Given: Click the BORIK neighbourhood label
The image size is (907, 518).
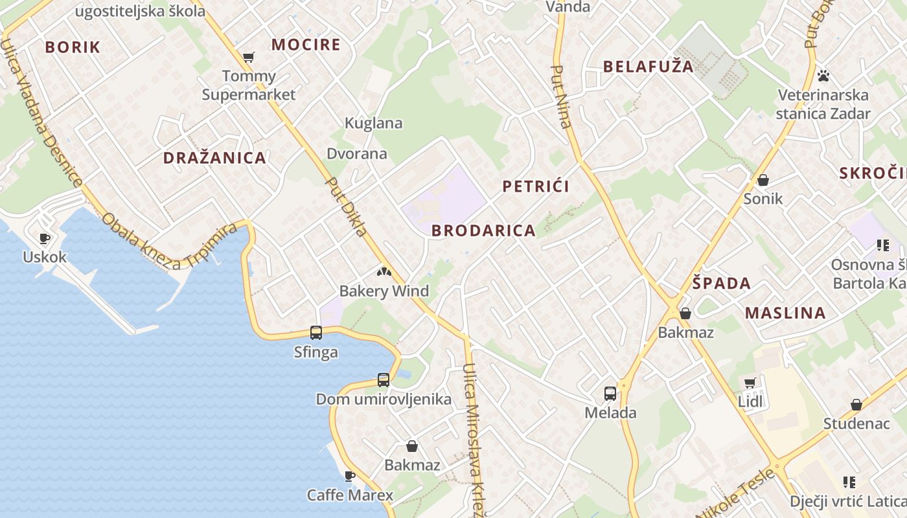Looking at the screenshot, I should click(x=73, y=47).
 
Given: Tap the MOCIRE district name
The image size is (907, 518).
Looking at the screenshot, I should click(x=305, y=45).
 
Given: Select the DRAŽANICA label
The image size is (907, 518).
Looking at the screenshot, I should click(x=214, y=158).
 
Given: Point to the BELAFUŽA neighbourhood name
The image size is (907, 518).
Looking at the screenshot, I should click(x=648, y=66).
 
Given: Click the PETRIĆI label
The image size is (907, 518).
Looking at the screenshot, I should click(x=536, y=186).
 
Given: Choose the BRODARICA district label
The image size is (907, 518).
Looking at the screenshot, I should click(x=483, y=231).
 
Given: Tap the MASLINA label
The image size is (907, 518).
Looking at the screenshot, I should click(x=785, y=313).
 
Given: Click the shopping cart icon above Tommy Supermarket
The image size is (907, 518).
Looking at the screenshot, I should click(x=248, y=58).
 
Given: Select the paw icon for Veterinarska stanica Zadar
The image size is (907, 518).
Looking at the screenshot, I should click(x=823, y=76).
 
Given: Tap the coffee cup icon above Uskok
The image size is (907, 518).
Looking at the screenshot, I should click(x=45, y=238).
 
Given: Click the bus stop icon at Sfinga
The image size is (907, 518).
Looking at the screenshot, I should click(x=316, y=333).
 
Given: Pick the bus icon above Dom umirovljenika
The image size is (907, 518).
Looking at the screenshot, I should click(x=384, y=380).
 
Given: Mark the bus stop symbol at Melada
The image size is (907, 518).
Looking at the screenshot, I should click(x=610, y=393).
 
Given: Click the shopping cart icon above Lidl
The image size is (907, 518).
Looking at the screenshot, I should click(x=750, y=383).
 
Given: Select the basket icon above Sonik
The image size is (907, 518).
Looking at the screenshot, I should click(x=763, y=180).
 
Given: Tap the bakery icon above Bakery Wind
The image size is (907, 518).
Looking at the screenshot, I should click(x=384, y=273).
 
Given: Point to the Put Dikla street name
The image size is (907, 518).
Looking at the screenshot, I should click(x=346, y=207).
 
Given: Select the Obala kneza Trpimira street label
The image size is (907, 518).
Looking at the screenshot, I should click(x=170, y=245).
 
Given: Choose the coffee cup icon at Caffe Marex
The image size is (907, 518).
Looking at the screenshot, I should click(x=350, y=477).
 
